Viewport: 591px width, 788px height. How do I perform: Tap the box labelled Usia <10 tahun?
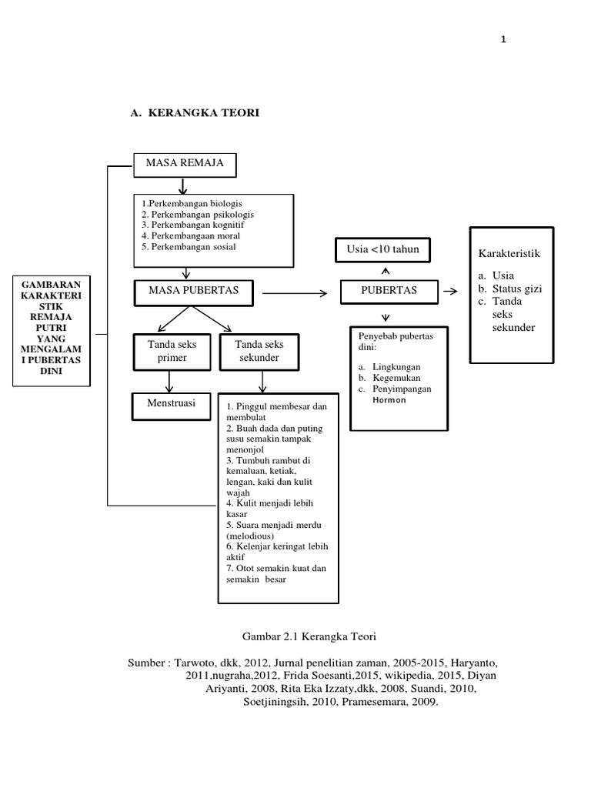click(x=382, y=249)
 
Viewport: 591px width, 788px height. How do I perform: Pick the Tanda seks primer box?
click(x=167, y=351)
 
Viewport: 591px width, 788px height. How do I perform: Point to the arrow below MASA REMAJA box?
click(x=183, y=185)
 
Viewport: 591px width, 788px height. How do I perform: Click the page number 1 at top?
click(x=503, y=40)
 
